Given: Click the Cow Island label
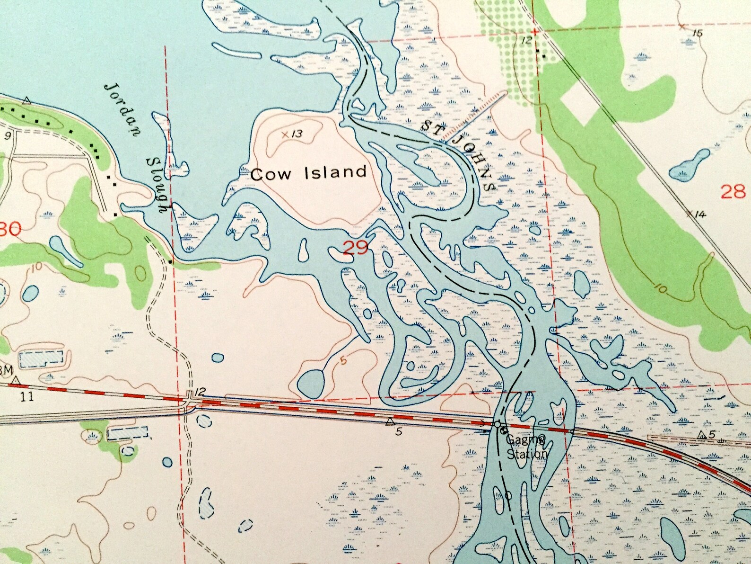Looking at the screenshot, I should pyautogui.click(x=308, y=172).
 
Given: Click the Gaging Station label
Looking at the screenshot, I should pyautogui.click(x=526, y=447).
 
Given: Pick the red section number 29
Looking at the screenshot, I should pyautogui.click(x=355, y=247).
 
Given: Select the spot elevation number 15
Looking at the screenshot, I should pyautogui.click(x=697, y=33).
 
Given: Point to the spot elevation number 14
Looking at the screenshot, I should pyautogui.click(x=699, y=214).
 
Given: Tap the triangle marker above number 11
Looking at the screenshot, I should pyautogui.click(x=17, y=380).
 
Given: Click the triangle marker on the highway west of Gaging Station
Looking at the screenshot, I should pyautogui.click(x=390, y=421).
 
